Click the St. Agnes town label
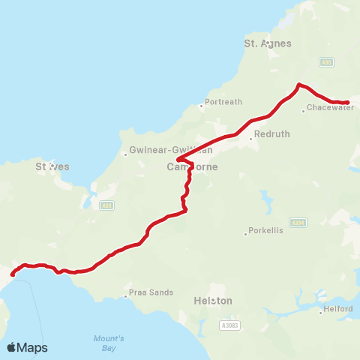pos(268,44)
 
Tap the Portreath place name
pos(223,101)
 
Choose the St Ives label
pos(52,166)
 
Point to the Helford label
pos(337,308)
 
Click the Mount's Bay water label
pos(109,343)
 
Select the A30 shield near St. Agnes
pos(327,62)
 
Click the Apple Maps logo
pos(27,347)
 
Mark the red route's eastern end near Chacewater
pos(347,102)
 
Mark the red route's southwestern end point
pos(12,275)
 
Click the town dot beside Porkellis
pos(245,234)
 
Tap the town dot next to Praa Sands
pos(125,296)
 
